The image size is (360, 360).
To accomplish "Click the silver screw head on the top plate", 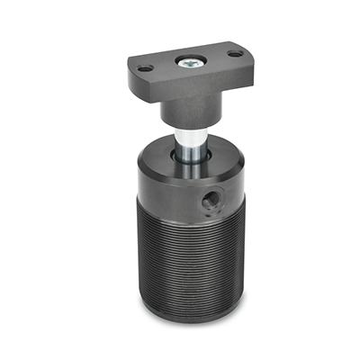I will coord(190,63).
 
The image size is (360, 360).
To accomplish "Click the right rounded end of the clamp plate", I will coord(245,56).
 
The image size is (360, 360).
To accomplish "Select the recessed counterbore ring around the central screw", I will coord(200,63).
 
